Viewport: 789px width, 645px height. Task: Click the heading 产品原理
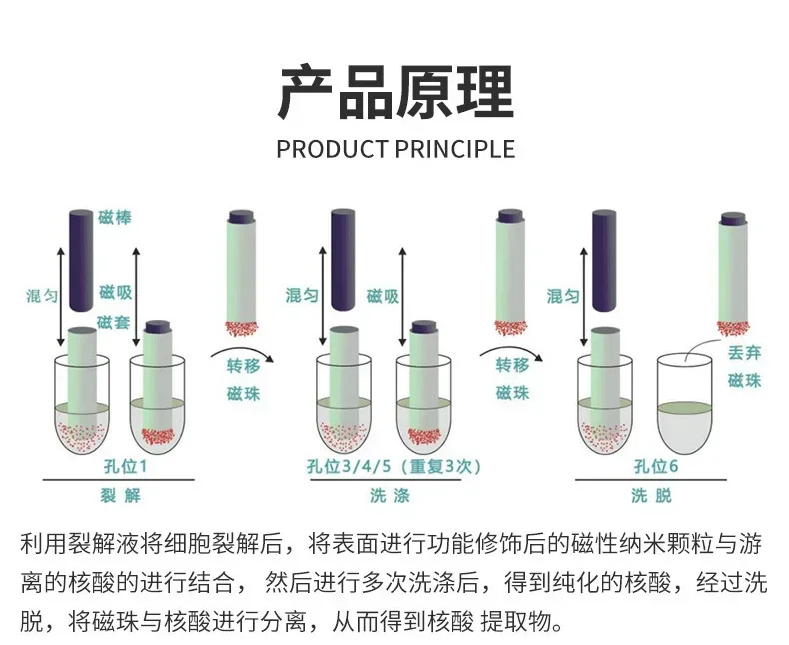coord(394,92)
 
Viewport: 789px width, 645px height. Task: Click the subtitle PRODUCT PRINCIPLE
coord(395,150)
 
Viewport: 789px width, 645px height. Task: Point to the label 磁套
coord(115,322)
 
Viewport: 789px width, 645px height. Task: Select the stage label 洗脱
coord(654,495)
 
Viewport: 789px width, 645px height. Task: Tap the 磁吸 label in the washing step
coord(383,296)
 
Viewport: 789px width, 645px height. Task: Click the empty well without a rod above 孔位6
coord(685,404)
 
